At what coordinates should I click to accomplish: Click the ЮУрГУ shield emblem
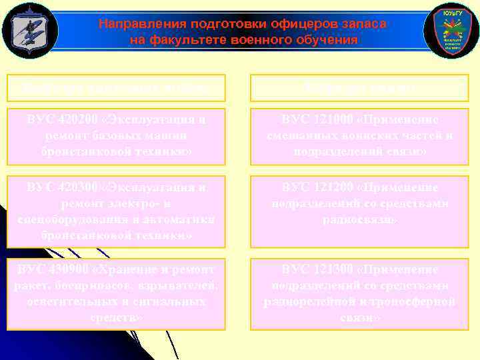451,31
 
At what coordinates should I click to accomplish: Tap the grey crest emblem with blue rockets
30,31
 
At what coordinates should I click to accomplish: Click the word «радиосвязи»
359,220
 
